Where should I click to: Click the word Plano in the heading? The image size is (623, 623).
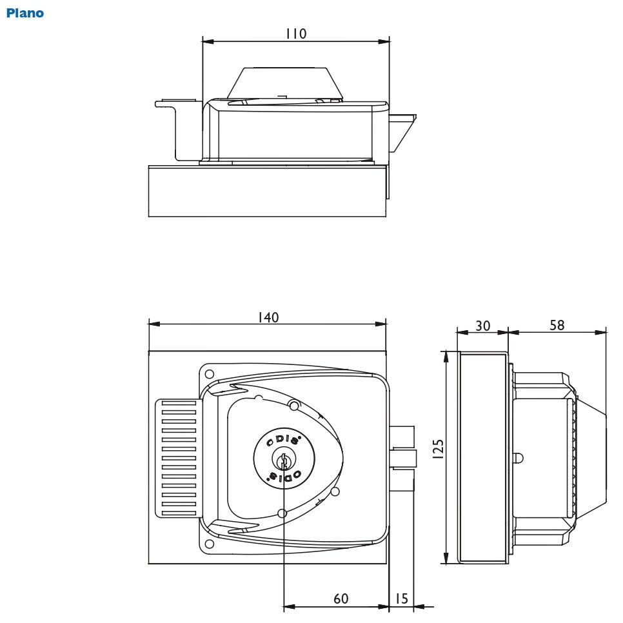coord(25,13)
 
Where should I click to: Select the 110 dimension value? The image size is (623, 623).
coord(296,34)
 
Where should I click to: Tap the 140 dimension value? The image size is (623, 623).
coord(268,317)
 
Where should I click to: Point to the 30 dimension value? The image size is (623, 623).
coord(482,326)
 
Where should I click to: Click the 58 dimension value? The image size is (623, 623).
coord(557,325)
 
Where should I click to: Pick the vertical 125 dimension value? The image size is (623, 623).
coord(438,449)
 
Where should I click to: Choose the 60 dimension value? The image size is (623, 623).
coord(341,598)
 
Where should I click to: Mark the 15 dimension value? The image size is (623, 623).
coord(401,598)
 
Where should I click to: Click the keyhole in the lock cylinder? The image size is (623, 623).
coord(282,460)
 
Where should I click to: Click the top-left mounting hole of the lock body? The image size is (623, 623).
coord(208,373)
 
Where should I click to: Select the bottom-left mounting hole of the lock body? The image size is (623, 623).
coord(208,545)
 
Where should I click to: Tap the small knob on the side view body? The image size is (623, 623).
coord(518,459)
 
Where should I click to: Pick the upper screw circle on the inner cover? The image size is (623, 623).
coord(293,405)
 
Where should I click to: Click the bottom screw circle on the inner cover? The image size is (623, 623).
coord(281,513)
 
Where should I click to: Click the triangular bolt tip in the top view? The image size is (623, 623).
coord(401,133)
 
